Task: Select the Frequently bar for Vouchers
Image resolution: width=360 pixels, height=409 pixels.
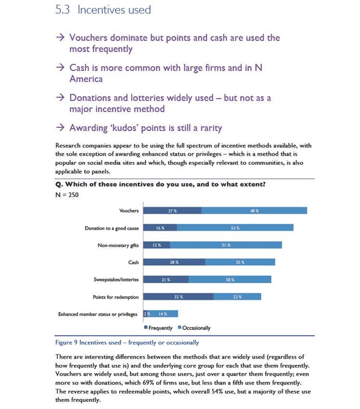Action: [x=173, y=211]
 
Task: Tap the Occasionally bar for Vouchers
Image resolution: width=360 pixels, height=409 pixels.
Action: [x=254, y=211]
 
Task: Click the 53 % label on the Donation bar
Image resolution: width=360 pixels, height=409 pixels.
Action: [x=235, y=228]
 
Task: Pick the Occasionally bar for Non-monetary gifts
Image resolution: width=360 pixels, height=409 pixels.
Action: [x=226, y=245]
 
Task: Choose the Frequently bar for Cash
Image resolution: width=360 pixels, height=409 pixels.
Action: [x=174, y=262]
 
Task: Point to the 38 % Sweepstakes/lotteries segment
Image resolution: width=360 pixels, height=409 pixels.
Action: [x=230, y=279]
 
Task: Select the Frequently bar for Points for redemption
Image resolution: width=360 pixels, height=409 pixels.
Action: [x=178, y=297]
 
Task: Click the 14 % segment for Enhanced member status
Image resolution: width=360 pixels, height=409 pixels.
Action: [x=164, y=314]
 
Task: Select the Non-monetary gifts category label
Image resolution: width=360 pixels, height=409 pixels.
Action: [x=118, y=245]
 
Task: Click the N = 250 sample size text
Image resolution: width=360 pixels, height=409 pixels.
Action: [x=67, y=195]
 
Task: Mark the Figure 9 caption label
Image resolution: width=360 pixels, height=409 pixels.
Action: [x=127, y=343]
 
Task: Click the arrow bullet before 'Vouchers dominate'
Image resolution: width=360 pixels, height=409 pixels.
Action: [x=60, y=37]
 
